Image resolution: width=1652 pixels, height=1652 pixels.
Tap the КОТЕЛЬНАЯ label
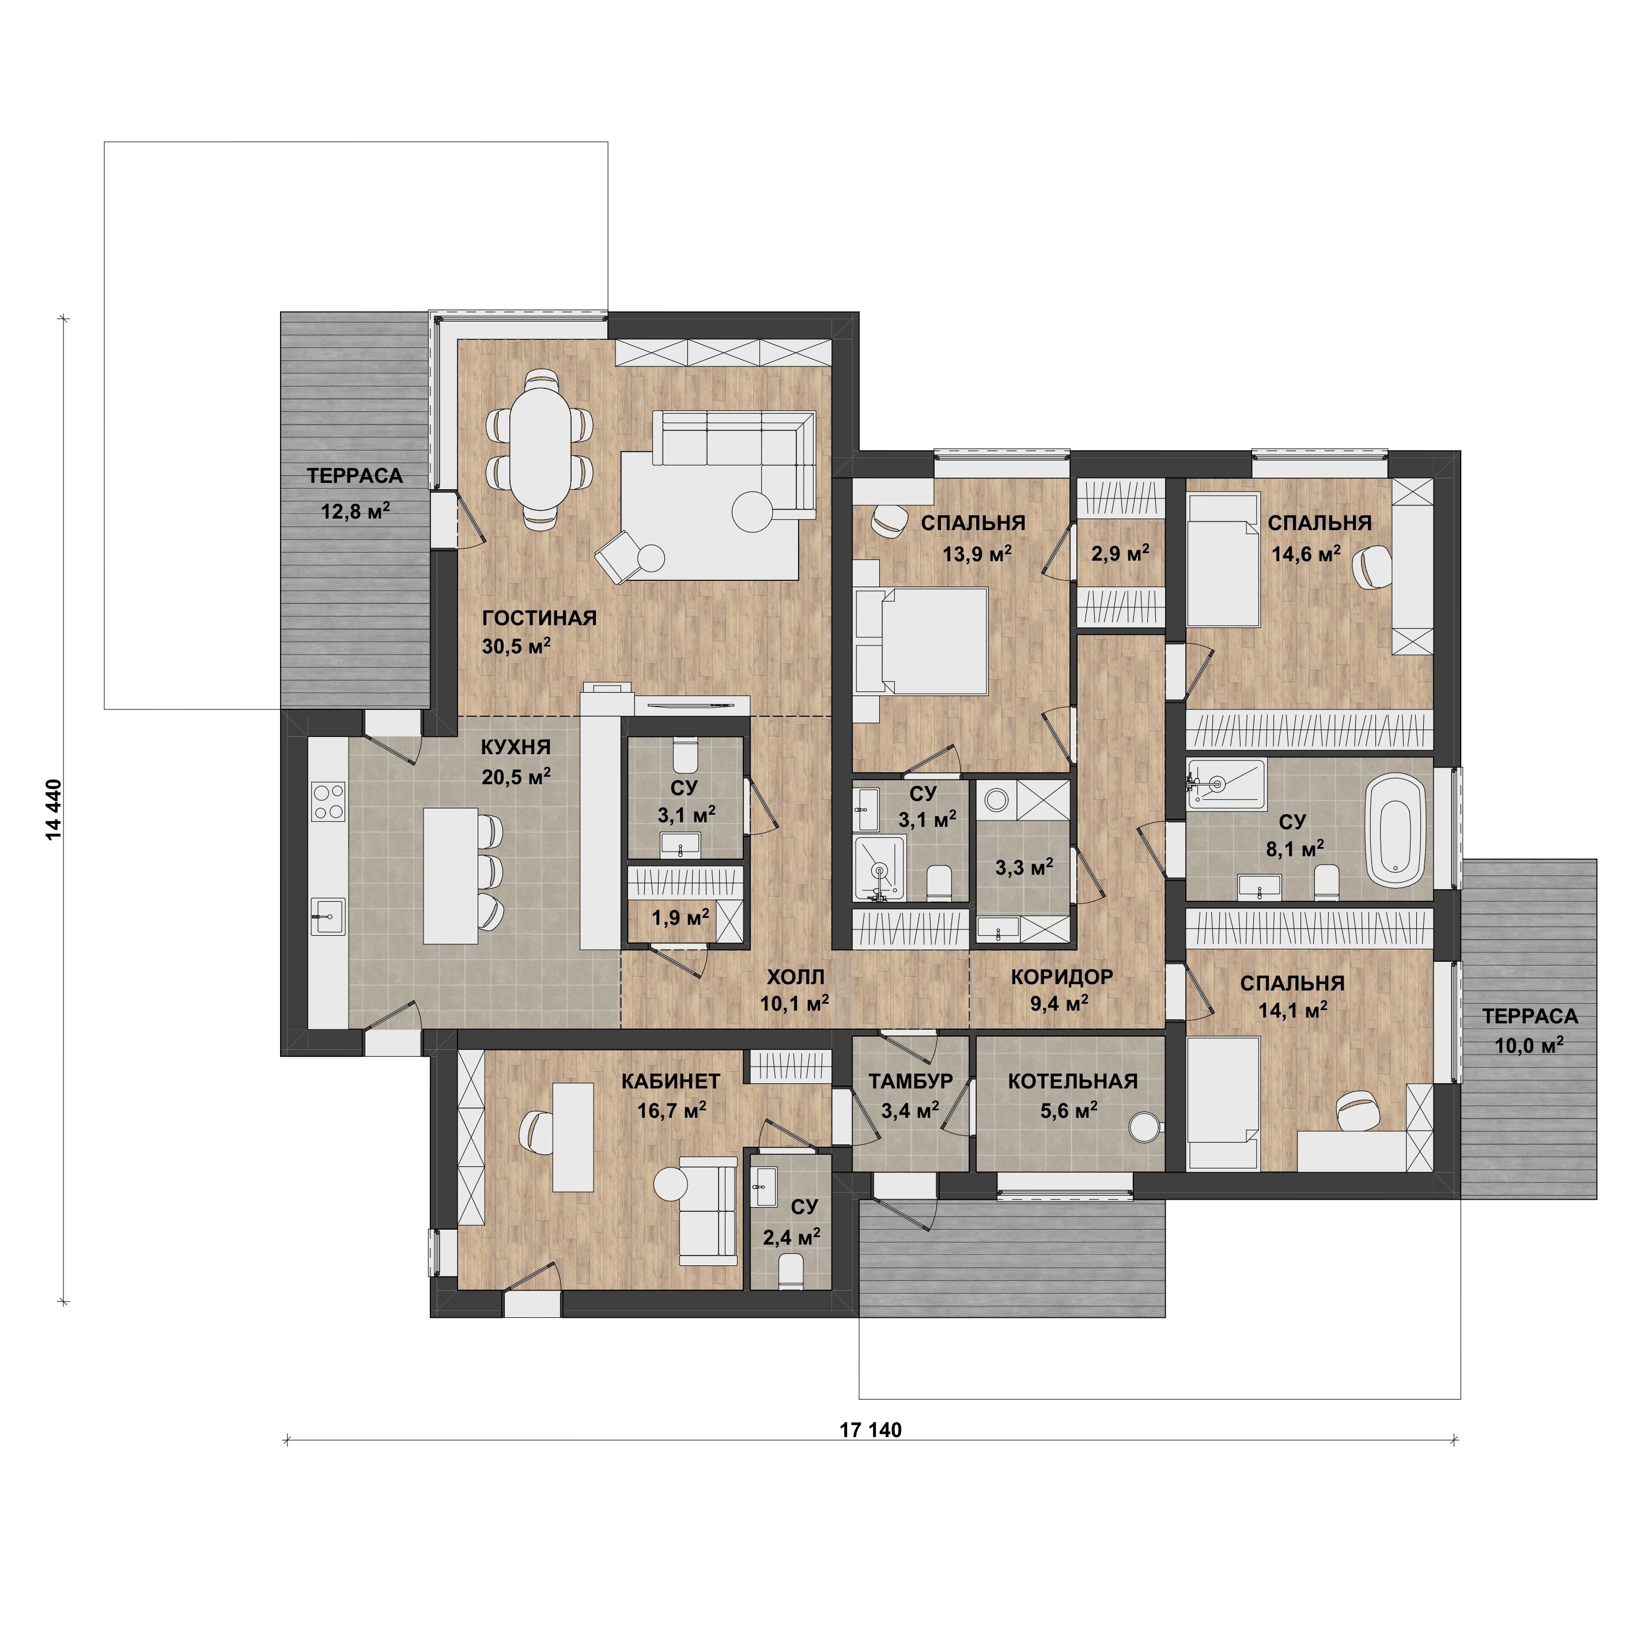(1072, 1082)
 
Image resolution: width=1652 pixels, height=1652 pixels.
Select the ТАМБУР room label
(910, 1082)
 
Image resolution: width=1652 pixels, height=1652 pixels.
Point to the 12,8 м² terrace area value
(356, 511)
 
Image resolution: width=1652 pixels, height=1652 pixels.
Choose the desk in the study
(573, 1136)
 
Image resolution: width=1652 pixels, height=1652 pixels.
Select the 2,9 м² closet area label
(1120, 553)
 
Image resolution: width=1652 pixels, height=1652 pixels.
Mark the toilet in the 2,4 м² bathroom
(791, 1268)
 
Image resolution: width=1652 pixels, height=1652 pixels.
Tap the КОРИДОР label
(1062, 977)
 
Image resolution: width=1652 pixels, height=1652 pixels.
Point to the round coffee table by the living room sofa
(753, 513)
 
